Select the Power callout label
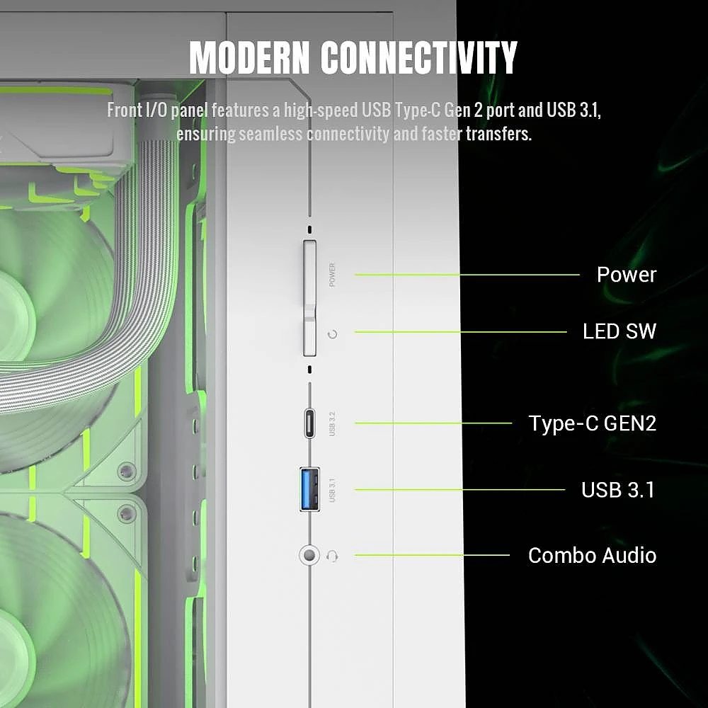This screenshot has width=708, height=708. pyautogui.click(x=627, y=275)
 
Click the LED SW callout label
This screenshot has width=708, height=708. pyautogui.click(x=619, y=331)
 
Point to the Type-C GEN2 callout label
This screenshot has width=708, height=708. pyautogui.click(x=593, y=423)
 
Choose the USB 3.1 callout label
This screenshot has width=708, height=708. pyautogui.click(x=617, y=490)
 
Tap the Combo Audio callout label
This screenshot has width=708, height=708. pyautogui.click(x=592, y=555)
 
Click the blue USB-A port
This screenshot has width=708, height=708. pyautogui.click(x=309, y=489)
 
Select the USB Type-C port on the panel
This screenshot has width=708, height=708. pyautogui.click(x=309, y=423)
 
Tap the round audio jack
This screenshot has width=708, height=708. pyautogui.click(x=309, y=555)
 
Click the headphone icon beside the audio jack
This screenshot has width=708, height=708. pyautogui.click(x=332, y=556)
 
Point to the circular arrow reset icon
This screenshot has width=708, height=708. pyautogui.click(x=332, y=334)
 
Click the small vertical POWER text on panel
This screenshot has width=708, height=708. pyautogui.click(x=332, y=275)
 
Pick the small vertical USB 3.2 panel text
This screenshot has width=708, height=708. pyautogui.click(x=332, y=423)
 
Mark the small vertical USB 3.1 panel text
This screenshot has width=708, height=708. pyautogui.click(x=332, y=490)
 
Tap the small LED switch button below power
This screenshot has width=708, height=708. pyautogui.click(x=309, y=336)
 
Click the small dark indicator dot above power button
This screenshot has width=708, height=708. pyautogui.click(x=309, y=229)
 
